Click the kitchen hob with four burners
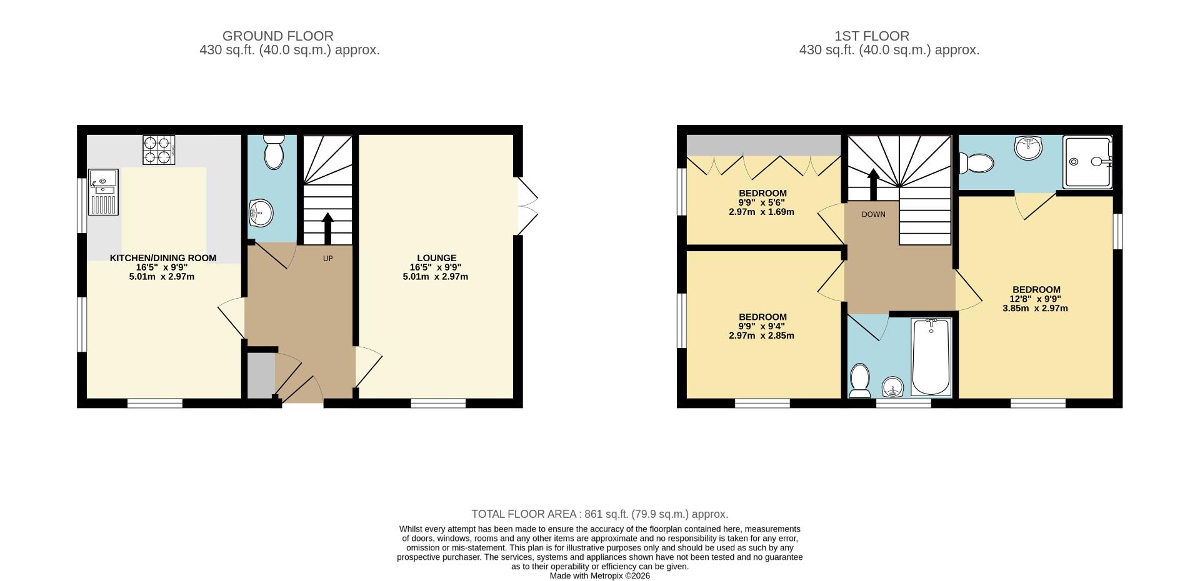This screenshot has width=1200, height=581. coord(158,150)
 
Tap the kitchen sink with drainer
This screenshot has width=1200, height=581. coord(103,192)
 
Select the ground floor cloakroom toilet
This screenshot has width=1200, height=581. coord(274,152)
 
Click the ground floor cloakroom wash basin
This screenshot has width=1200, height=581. coord(261,213)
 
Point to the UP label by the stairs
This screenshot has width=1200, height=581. coord(327,259)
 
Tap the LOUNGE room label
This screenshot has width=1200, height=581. coord(436,258)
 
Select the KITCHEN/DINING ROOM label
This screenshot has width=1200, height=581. coord(163,258)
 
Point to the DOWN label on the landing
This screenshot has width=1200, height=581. coord(873,214)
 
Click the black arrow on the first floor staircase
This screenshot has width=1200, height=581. coord(873,184)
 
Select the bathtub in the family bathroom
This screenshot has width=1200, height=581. coord(931,357)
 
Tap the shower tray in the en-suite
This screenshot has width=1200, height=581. coord(1088,162)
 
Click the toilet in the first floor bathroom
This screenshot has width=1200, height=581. coord(860,380)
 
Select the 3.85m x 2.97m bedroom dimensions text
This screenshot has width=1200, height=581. coord(1035,308)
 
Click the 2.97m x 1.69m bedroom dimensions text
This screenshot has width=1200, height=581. coord(761,212)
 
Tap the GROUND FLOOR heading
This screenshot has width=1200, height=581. coord(278,36)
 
